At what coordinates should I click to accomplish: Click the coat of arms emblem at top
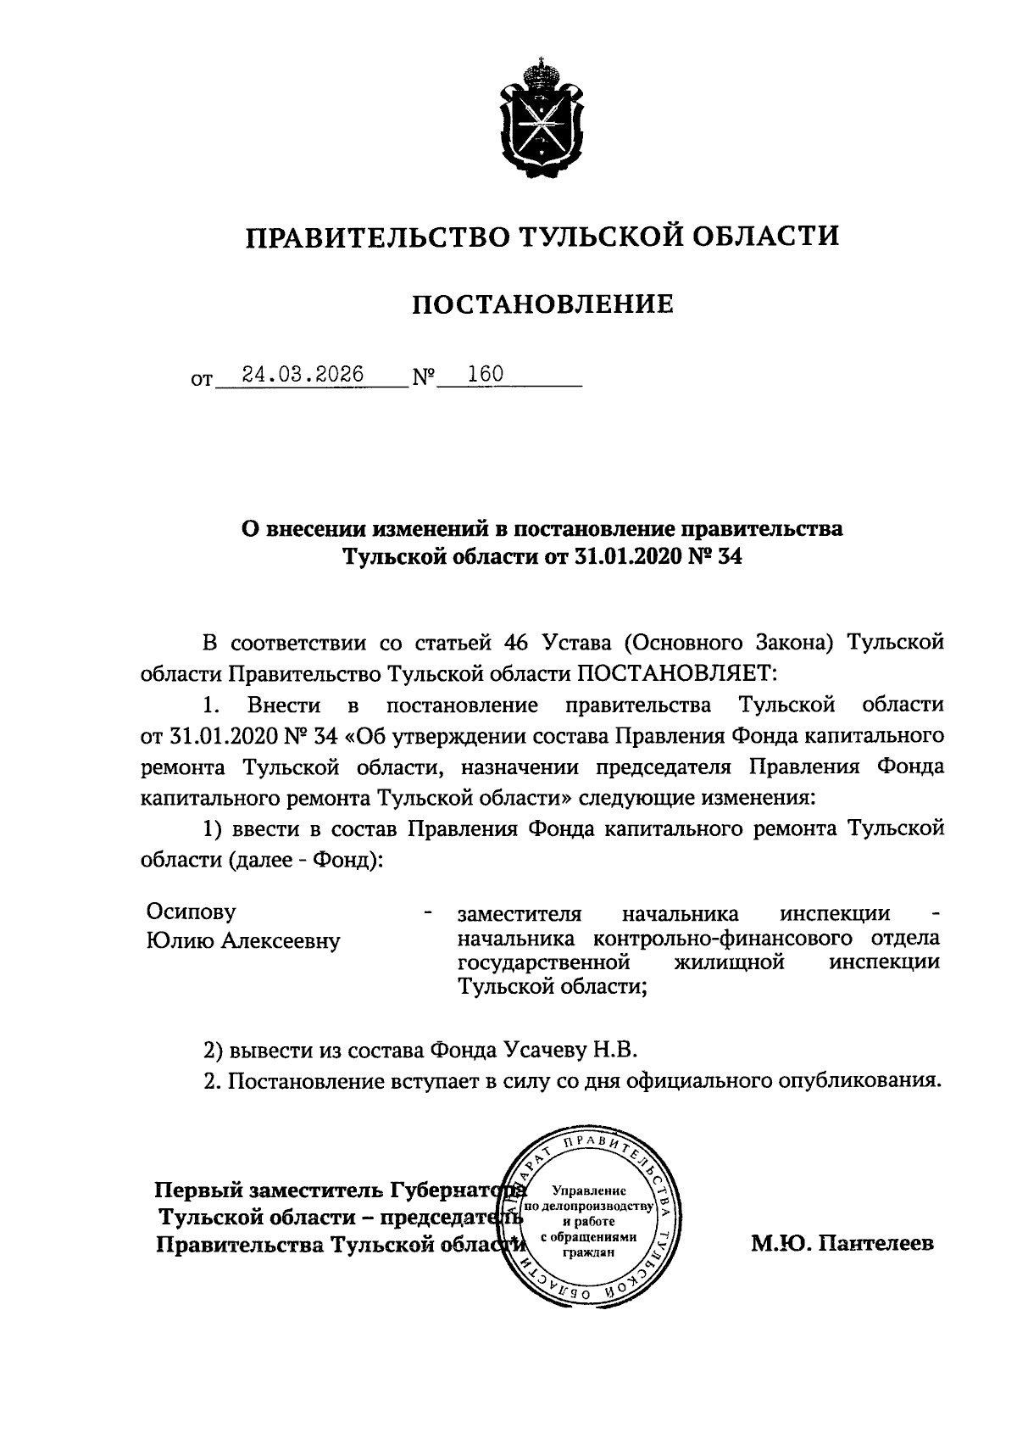click(x=542, y=120)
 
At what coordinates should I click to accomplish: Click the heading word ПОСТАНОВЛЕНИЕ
click(x=542, y=304)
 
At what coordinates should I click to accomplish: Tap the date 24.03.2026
click(x=303, y=374)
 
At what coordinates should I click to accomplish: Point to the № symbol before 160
click(x=424, y=377)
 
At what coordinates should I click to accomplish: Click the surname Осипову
click(x=192, y=912)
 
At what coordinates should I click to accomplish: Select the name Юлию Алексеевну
click(x=243, y=940)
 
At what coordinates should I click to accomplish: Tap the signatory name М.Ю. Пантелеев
click(x=842, y=1244)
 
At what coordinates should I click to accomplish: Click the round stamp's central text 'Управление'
click(x=588, y=1191)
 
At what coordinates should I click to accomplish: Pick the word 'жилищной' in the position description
click(x=729, y=963)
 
